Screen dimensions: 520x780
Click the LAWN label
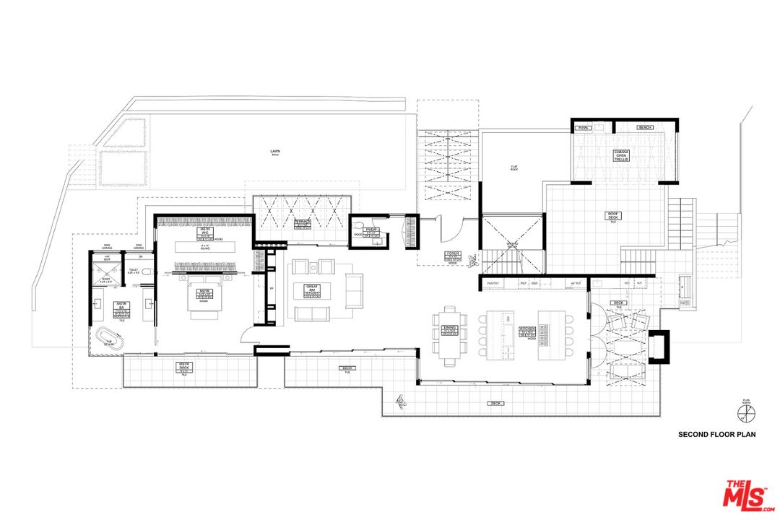(x=275, y=152)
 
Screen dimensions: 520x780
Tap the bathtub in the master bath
(x=109, y=339)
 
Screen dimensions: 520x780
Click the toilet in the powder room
(x=357, y=234)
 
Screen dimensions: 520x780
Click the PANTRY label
(x=494, y=284)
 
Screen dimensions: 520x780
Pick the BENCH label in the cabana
(x=645, y=128)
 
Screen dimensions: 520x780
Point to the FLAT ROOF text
(x=514, y=168)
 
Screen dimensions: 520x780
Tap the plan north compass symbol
(x=745, y=413)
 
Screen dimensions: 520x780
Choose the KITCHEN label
(x=528, y=331)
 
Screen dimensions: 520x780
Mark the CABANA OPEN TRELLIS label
(x=622, y=155)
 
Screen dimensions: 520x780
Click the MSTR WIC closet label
(x=204, y=235)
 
